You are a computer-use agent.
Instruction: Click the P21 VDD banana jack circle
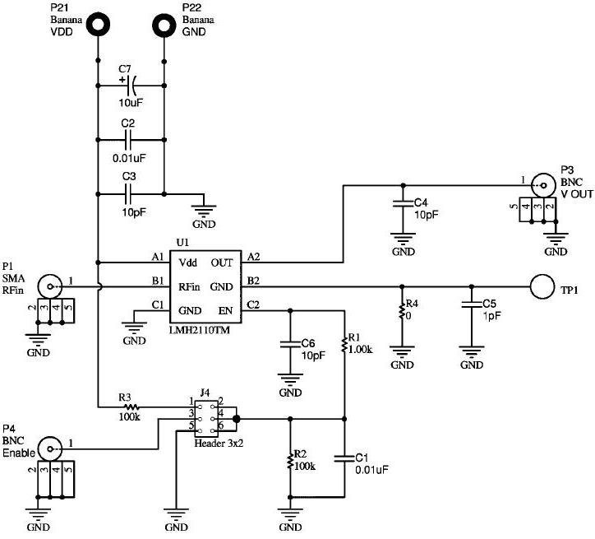pos(98,24)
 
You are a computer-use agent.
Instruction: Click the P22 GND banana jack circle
pos(164,24)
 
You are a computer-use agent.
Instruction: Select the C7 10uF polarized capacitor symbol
pos(131,84)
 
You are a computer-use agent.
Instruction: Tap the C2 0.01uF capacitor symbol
pos(131,139)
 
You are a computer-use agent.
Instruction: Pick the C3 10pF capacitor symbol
pos(131,194)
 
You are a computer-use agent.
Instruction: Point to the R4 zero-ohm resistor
pos(401,314)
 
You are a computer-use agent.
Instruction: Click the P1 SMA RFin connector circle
pos(51,287)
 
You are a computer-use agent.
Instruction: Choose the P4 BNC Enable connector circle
pos(51,449)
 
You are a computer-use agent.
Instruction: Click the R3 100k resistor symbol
pos(131,407)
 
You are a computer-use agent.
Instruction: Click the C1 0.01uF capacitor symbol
pos(344,459)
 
